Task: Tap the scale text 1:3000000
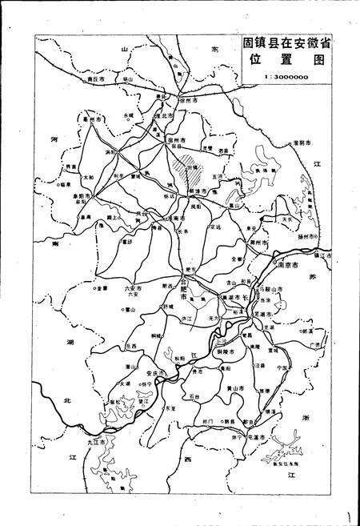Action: [x=286, y=77]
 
